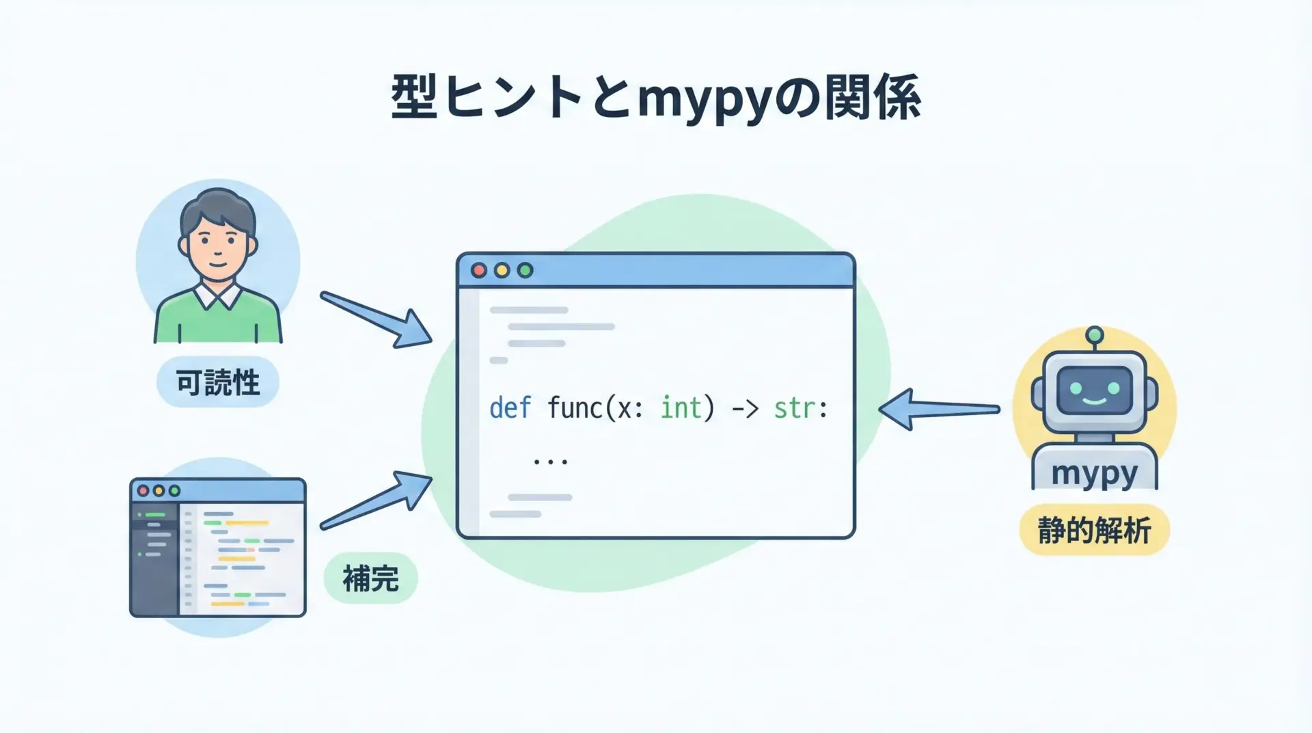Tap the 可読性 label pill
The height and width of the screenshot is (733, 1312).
tap(218, 382)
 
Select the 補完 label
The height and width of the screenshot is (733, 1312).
tap(370, 578)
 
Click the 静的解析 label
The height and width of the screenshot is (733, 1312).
tap(1094, 531)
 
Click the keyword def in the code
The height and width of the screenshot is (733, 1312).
tap(510, 408)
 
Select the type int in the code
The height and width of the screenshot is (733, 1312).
tap(681, 408)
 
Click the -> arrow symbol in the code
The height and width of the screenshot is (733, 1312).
tap(745, 409)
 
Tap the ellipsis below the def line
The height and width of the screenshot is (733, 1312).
tap(550, 462)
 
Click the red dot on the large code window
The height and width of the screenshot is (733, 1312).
tap(479, 271)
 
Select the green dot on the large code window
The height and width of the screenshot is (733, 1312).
tap(525, 271)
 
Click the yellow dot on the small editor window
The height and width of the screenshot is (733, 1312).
tap(159, 491)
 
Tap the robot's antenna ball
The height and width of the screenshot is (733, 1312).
tap(1095, 334)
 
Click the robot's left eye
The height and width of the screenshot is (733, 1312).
tap(1076, 388)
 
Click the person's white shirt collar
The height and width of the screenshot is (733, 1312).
tap(217, 295)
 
